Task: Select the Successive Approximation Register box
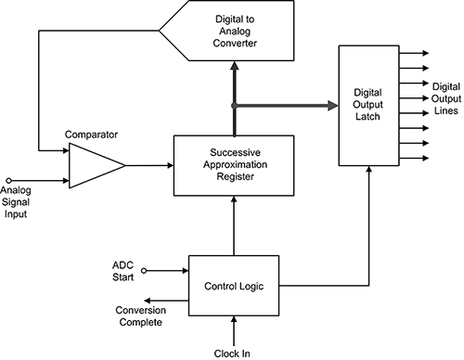coord(233,165)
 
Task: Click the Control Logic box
coord(233,286)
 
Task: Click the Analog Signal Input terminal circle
coord(9,180)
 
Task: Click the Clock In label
coord(233,354)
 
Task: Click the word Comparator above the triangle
coord(92,135)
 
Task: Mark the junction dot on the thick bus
coord(234,106)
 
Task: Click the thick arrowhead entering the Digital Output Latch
coord(329,106)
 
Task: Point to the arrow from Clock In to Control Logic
coord(234,330)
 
